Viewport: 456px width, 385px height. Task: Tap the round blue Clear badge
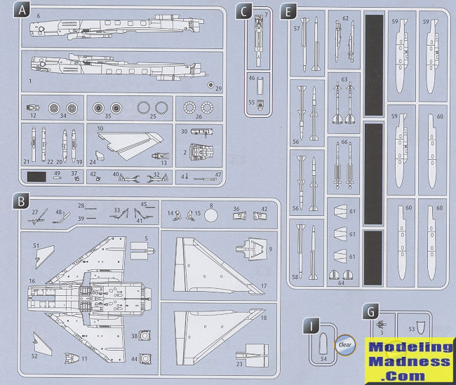[345, 345]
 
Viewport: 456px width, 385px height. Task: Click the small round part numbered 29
[210, 83]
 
